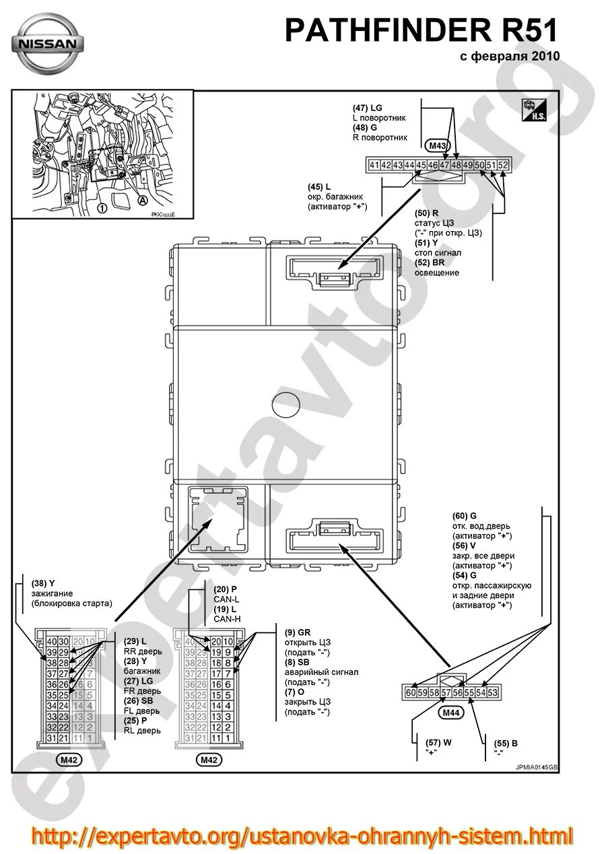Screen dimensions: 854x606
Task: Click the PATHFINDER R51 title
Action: click(x=422, y=32)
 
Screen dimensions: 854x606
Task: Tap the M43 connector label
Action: click(x=438, y=145)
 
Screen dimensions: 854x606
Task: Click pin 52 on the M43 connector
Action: click(x=502, y=165)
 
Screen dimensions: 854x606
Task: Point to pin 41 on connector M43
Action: click(x=374, y=165)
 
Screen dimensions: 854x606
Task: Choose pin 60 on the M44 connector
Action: click(x=411, y=692)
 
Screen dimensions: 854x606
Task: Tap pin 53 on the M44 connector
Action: click(x=492, y=692)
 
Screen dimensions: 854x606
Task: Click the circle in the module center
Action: click(x=287, y=405)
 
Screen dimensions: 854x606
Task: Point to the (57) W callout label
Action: click(x=432, y=743)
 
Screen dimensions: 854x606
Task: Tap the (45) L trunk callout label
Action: click(x=319, y=187)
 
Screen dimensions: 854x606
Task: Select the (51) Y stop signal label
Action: click(x=426, y=243)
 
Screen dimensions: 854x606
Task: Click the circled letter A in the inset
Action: click(x=142, y=200)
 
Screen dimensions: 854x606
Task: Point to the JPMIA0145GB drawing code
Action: click(x=537, y=766)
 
